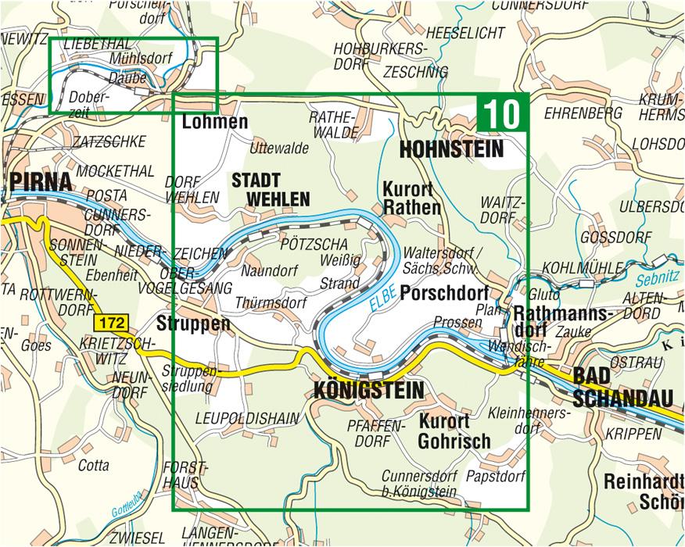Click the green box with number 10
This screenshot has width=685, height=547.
coord(502,114)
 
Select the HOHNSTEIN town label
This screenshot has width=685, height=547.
coord(451,149)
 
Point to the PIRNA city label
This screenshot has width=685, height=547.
coord(41,182)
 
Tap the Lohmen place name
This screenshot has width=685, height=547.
coord(214,122)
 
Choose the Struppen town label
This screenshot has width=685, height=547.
coord(193,324)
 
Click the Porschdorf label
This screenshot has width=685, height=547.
coord(444,293)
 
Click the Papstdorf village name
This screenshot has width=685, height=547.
coord(495,474)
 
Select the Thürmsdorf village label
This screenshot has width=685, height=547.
coord(267,302)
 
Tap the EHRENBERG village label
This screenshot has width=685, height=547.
coord(583,113)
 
